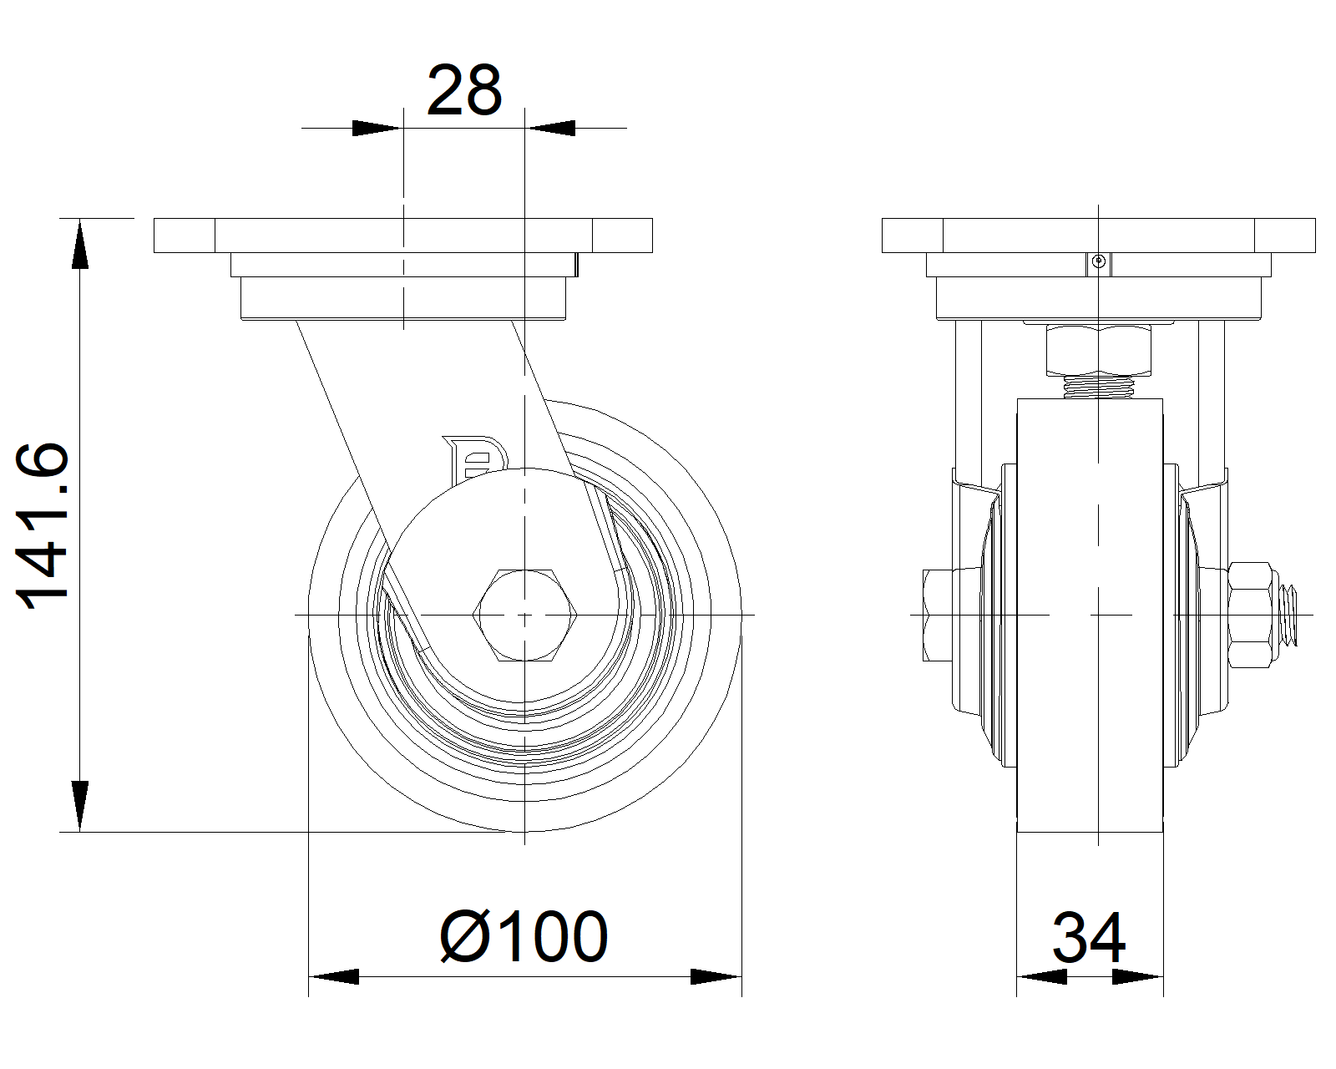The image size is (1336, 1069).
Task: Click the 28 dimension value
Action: point(464,91)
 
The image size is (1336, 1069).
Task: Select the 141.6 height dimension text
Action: point(43,526)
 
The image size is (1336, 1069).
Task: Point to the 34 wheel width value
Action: point(1089,937)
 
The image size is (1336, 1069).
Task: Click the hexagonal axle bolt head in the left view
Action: point(524,615)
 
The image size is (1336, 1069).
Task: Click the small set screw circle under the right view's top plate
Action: point(1099,261)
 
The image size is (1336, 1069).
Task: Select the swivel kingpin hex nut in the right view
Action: point(1098,350)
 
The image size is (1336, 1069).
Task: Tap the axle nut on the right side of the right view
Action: point(1250,615)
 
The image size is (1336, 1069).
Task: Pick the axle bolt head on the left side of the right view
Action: point(938,615)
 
